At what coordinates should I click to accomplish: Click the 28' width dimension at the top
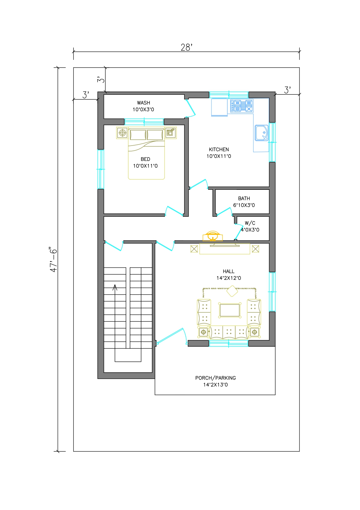point(186,47)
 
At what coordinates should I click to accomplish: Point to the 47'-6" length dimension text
point(54,260)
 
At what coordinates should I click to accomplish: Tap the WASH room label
point(143,103)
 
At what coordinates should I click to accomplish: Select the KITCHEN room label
point(219,149)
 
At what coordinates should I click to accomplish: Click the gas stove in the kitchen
point(242,106)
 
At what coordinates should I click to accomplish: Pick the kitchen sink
point(262,133)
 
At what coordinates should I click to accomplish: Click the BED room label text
point(145,159)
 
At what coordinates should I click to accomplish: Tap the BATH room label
point(244,198)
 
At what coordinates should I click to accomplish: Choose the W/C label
point(250,223)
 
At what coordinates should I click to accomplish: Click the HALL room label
point(228,271)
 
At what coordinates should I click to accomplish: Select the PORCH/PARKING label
point(215,378)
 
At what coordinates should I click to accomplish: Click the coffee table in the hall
point(230,310)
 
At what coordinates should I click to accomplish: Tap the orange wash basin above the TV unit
point(213,236)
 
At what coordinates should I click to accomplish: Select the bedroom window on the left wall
point(100,169)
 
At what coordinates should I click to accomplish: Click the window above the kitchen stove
point(229,95)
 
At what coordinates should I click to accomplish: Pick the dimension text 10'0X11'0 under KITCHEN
point(219,156)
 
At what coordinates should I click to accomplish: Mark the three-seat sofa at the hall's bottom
point(229,332)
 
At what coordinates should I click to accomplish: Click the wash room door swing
point(190,108)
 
